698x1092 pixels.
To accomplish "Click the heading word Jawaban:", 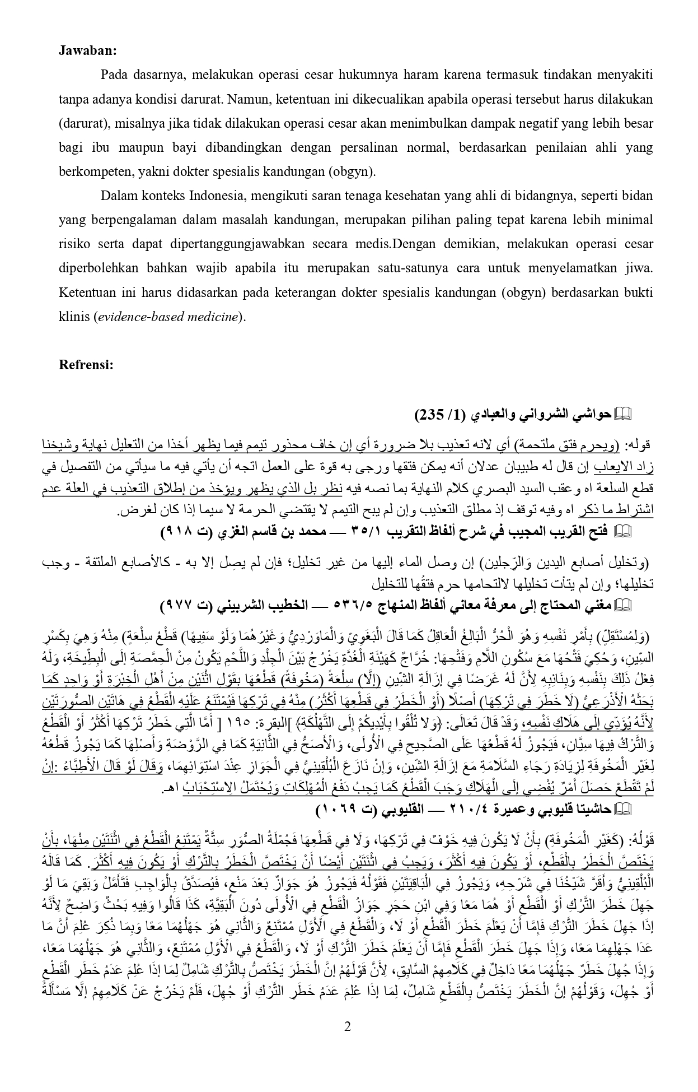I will [x=88, y=50].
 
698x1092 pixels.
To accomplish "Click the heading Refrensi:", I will [x=87, y=365].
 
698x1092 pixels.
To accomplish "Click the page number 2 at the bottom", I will [x=348, y=1027].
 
